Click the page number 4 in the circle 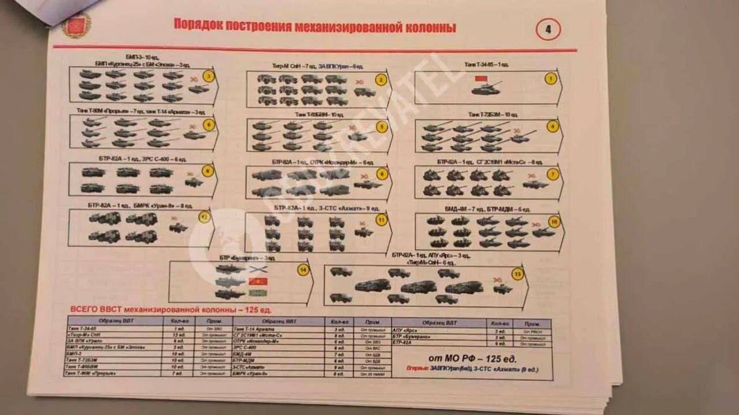[547, 29]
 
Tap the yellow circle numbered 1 [551, 79]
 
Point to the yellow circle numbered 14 [302, 270]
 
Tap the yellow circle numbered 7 [552, 174]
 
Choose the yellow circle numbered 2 [379, 80]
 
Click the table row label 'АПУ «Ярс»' [408, 332]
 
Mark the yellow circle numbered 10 [552, 221]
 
